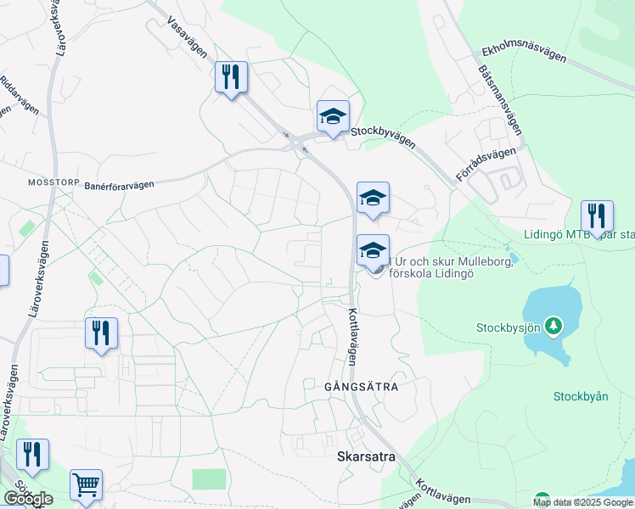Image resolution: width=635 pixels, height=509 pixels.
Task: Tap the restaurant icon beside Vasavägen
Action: point(231,78)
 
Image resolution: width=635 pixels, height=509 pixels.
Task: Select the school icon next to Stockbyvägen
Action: point(333,116)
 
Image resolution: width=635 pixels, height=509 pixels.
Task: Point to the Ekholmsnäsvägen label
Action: point(523,53)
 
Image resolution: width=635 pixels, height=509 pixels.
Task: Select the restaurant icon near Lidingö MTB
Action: point(597,216)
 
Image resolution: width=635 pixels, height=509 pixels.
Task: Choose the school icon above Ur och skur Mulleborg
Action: point(373,199)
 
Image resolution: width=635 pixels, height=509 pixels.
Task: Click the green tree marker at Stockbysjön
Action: point(554,325)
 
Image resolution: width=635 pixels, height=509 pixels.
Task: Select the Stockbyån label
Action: point(582,396)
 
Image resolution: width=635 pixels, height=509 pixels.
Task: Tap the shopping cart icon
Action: point(86,485)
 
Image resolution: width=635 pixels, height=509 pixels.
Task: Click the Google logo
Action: point(28,499)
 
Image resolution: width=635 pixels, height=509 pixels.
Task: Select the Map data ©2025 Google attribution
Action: point(582,502)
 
